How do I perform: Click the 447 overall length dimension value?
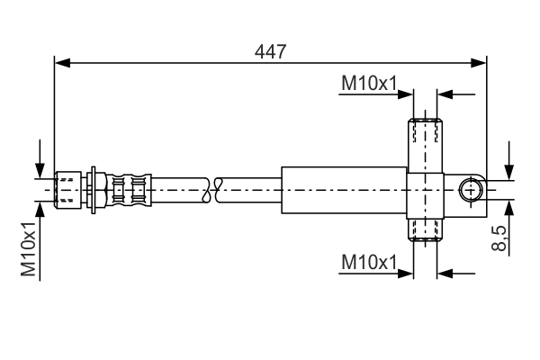(x=270, y=51)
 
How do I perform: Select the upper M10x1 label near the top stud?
(x=369, y=84)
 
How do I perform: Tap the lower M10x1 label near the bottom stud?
(x=369, y=263)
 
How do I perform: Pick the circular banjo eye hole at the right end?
(x=471, y=190)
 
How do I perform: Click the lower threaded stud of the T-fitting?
(x=425, y=229)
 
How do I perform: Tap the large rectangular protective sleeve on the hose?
(x=344, y=190)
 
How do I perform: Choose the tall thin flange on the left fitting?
(x=94, y=190)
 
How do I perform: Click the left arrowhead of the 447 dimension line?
(x=61, y=62)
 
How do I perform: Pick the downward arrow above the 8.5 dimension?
(x=509, y=174)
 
